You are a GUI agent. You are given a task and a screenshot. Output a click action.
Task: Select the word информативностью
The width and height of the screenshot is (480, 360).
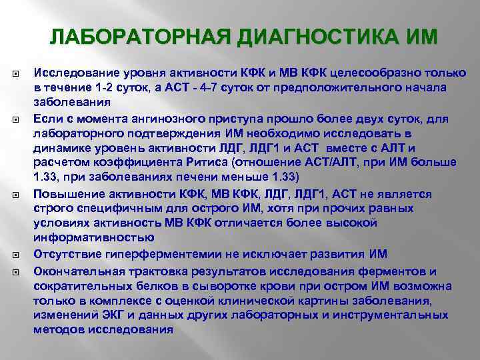94,237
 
